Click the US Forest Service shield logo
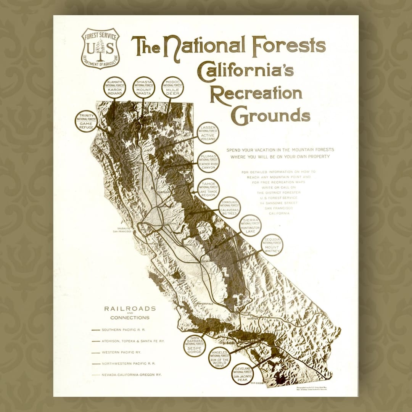(x=100, y=48)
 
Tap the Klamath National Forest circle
(x=114, y=87)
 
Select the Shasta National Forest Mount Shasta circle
(x=144, y=87)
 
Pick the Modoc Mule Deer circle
(x=172, y=87)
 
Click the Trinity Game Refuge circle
(x=86, y=121)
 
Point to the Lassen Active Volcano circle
(x=208, y=133)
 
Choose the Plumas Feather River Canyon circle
(x=208, y=162)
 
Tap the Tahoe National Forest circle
(x=208, y=189)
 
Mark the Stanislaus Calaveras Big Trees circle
(x=229, y=208)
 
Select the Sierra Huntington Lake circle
(x=250, y=226)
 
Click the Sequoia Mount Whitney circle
(x=272, y=245)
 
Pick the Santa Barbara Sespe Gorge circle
(x=195, y=346)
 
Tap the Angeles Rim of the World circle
(x=219, y=358)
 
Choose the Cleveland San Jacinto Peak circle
(x=243, y=374)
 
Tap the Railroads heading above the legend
(x=130, y=309)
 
